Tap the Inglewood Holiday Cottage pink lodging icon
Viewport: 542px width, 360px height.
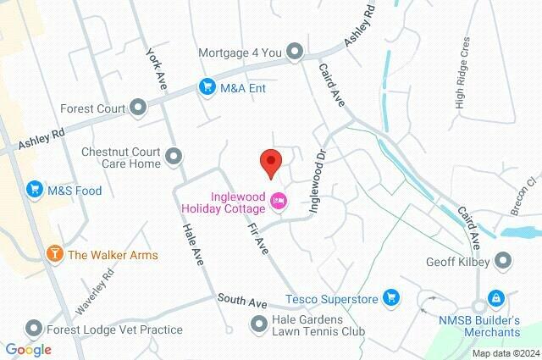click(279, 201)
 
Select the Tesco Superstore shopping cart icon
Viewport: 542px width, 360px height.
click(390, 296)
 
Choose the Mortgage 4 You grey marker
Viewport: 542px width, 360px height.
click(295, 52)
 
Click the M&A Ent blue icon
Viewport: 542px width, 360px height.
click(207, 86)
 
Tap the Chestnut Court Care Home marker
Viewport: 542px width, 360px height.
click(174, 157)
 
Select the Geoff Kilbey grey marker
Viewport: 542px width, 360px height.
click(504, 262)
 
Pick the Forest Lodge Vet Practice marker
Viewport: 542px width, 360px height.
click(34, 328)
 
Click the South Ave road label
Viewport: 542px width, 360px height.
click(241, 301)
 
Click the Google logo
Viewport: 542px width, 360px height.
click(28, 350)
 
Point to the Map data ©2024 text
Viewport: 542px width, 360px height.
click(505, 353)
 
